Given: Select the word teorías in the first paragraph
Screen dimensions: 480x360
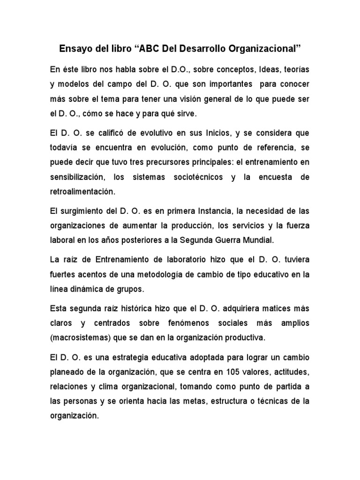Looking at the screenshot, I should click(295, 69).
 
